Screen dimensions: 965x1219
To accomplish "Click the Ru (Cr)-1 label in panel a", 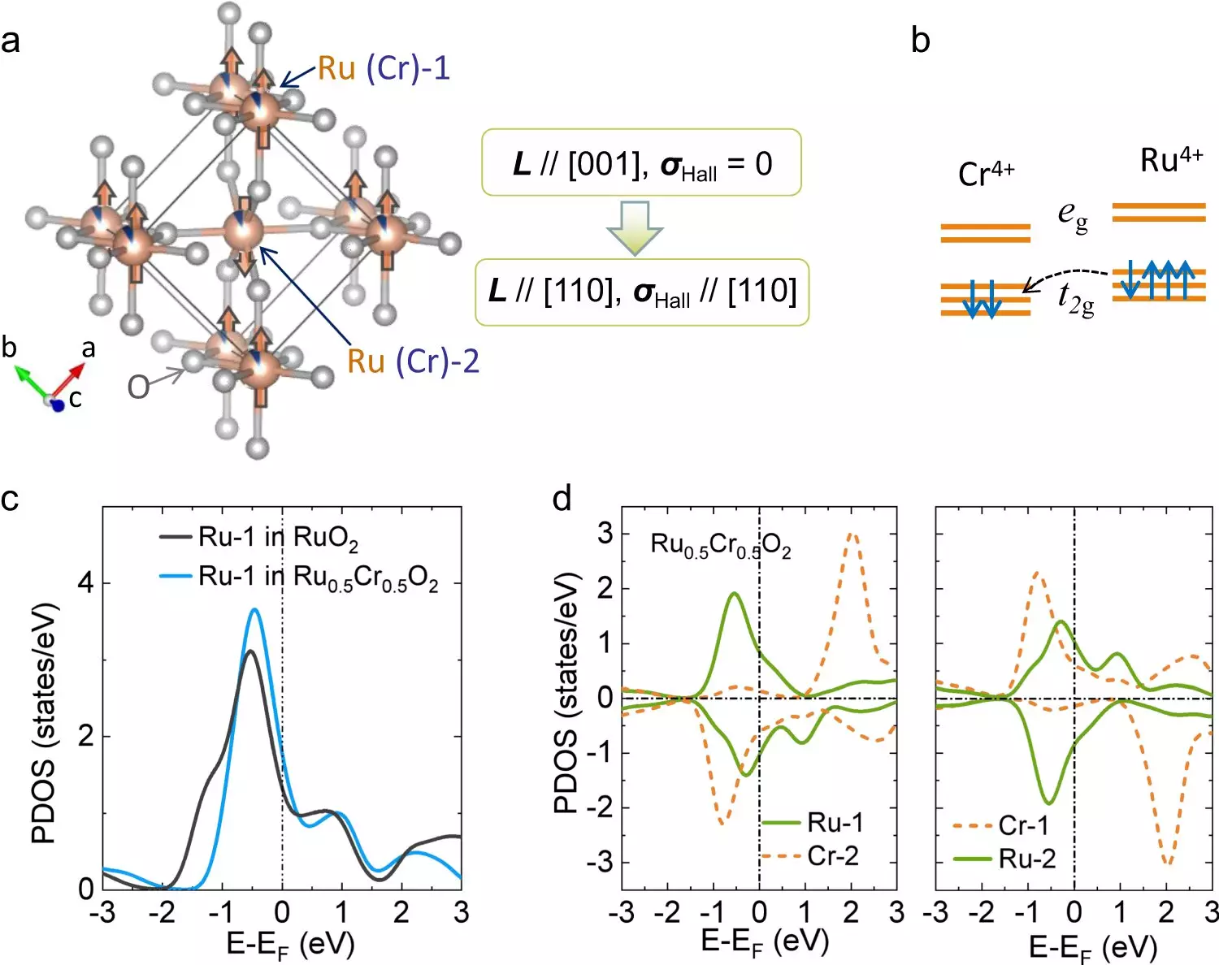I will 384,68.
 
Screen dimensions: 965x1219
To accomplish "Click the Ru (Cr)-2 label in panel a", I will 413,361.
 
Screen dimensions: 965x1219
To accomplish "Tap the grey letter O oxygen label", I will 138,387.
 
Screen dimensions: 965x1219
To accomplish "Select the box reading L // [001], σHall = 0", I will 642,162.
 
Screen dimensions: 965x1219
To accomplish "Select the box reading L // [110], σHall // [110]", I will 642,292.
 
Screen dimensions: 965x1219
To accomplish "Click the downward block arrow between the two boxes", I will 635,227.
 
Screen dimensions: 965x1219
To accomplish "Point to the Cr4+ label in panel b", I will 986,173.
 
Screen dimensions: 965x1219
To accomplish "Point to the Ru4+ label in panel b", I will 1170,159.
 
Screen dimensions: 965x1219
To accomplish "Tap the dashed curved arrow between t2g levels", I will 1065,275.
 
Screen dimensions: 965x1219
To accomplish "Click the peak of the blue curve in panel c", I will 254,609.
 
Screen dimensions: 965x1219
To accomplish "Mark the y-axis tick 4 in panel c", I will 86,583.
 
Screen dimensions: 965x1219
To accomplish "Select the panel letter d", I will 562,498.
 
